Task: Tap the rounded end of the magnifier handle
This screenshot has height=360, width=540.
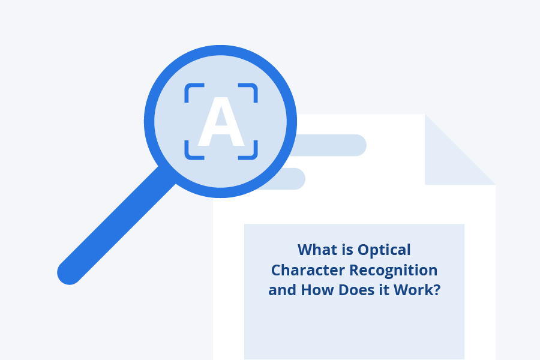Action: [70, 273]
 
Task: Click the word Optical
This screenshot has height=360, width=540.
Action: [384, 249]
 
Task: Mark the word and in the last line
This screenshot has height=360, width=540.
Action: [282, 290]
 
